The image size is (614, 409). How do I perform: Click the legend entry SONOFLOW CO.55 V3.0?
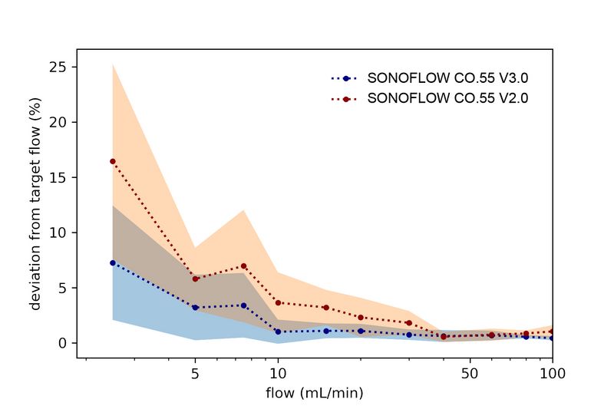tap(448, 78)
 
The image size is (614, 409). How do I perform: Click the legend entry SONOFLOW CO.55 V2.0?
tap(448, 99)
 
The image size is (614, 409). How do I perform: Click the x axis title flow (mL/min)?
tap(315, 393)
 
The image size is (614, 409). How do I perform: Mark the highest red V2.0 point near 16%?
tap(113, 161)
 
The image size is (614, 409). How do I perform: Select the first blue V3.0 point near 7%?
tap(113, 262)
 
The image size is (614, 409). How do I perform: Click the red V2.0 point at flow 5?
tap(195, 279)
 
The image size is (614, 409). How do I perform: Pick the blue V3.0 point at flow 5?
tap(195, 307)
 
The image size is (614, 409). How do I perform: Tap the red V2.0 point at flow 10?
tap(278, 302)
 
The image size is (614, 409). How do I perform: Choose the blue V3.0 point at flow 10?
tap(278, 331)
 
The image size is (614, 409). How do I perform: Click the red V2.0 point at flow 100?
tap(552, 331)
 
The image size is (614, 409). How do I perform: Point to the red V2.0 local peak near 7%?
tap(243, 266)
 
